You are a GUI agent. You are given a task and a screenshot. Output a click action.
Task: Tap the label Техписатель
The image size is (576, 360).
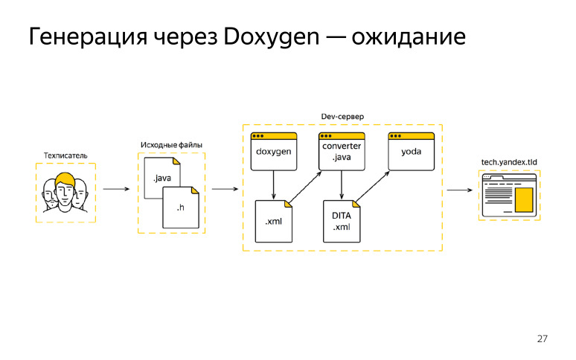[x=65, y=155]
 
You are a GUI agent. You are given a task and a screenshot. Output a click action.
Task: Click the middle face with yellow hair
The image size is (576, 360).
[x=65, y=190]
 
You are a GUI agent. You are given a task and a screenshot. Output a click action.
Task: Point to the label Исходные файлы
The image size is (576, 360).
[x=171, y=144]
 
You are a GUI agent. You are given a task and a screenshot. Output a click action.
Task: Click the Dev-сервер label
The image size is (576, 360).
[x=342, y=118]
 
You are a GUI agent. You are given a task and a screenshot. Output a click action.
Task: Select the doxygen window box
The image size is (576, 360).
[x=274, y=152]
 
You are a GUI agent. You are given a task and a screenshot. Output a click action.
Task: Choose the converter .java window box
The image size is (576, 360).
[x=342, y=152]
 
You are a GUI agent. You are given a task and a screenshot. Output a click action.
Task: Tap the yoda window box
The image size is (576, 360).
[x=412, y=152]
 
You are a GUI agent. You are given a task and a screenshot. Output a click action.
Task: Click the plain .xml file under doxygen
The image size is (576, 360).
[x=274, y=221]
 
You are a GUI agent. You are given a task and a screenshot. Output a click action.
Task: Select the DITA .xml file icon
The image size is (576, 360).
[x=342, y=221]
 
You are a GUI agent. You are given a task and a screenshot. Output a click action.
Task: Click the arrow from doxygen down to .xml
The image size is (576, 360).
[x=274, y=185]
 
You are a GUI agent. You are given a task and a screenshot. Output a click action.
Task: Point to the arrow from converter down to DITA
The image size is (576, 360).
[x=342, y=185]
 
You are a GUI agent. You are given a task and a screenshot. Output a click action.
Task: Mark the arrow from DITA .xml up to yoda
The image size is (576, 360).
[x=375, y=187]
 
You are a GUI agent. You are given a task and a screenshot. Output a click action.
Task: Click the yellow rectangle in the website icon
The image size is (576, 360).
[x=525, y=199]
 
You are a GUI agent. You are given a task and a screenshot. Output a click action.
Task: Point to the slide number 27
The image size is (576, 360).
[x=542, y=339]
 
